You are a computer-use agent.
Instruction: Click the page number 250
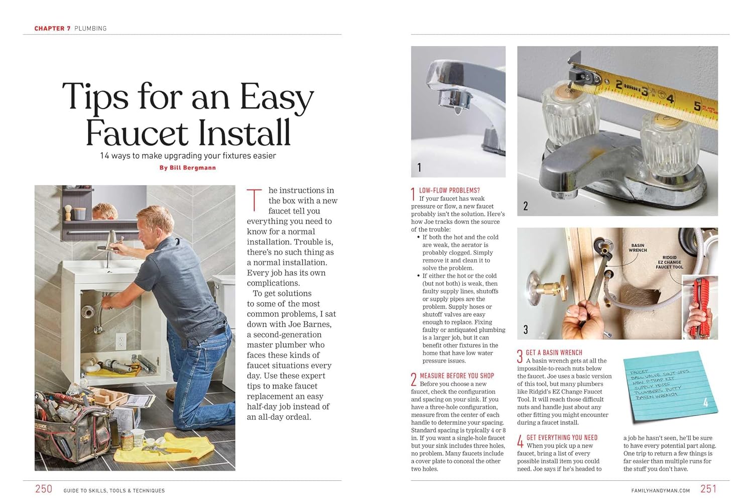click(x=44, y=489)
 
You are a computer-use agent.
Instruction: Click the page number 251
click(x=708, y=489)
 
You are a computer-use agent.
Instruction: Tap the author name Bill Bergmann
click(x=188, y=168)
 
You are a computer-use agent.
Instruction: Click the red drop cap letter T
click(x=255, y=199)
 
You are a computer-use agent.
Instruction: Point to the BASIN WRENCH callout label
click(x=638, y=248)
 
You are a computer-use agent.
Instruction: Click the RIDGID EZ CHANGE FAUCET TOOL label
click(x=669, y=262)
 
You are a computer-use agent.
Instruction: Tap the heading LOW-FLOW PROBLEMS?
click(x=449, y=191)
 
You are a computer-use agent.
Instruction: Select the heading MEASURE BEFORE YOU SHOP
click(x=457, y=375)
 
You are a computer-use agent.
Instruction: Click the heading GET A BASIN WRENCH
click(x=554, y=352)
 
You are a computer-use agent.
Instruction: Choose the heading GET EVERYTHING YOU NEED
click(x=562, y=438)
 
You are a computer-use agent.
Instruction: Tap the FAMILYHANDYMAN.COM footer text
click(x=660, y=490)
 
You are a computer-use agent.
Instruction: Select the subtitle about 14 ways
click(x=188, y=156)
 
